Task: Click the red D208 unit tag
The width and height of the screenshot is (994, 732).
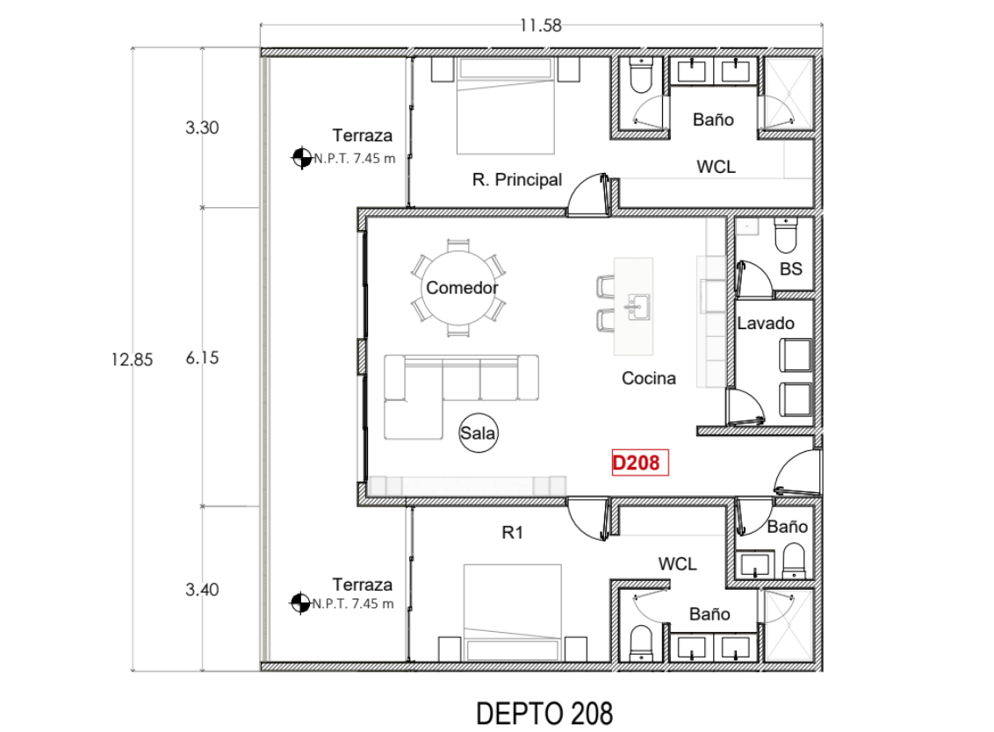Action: click(640, 463)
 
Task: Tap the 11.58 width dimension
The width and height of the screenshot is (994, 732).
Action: click(539, 25)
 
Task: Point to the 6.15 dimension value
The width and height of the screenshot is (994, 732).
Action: click(202, 358)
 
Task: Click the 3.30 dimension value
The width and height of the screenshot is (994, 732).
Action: click(202, 127)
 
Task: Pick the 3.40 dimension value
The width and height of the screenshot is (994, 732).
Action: click(202, 590)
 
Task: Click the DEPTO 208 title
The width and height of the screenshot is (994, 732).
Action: click(544, 713)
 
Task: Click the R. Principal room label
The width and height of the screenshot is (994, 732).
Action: click(516, 180)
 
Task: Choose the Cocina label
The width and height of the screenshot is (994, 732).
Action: click(649, 378)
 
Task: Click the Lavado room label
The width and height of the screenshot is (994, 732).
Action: click(765, 323)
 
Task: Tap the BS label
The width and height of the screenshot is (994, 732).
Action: click(791, 269)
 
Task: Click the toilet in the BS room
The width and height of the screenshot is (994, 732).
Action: click(784, 235)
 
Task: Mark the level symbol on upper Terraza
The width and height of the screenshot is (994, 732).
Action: click(301, 158)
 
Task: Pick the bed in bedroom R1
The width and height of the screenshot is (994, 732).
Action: click(512, 612)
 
